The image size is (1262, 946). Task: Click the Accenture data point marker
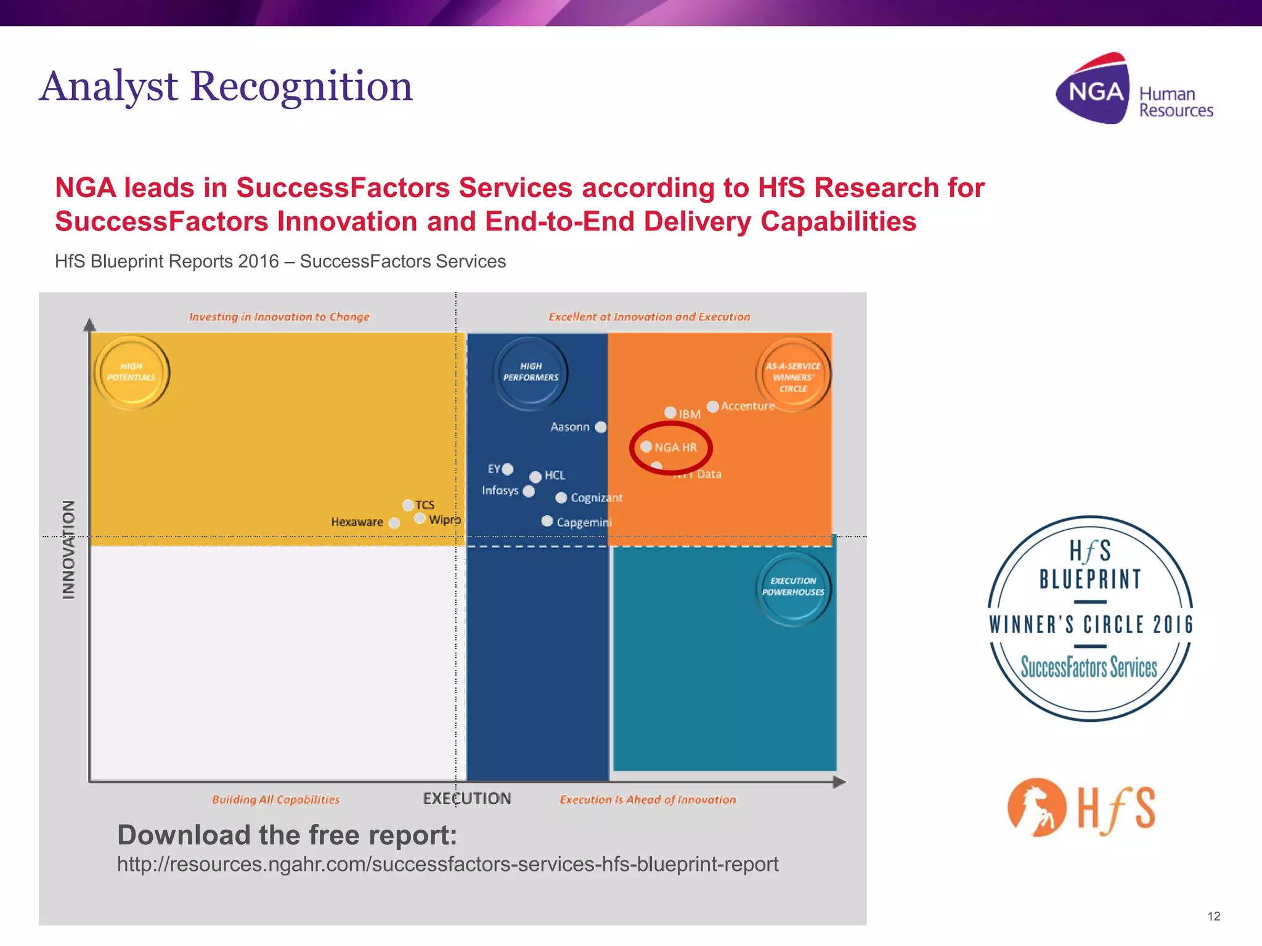713,406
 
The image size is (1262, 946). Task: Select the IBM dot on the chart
670,413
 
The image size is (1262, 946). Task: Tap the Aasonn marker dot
601,427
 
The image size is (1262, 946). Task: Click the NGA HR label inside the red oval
675,448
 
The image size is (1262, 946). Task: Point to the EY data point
507,469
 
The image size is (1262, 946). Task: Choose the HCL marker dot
535,476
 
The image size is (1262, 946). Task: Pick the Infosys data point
528,491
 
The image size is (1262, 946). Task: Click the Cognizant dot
561,498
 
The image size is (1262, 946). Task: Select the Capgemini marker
547,521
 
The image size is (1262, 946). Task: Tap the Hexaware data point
394,523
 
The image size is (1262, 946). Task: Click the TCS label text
425,505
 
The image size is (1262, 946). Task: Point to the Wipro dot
420,519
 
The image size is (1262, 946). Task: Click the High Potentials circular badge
131,372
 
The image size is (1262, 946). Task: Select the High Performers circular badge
531,372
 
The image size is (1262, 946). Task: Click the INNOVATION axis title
68,549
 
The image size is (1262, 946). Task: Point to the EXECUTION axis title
467,799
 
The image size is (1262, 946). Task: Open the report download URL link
447,865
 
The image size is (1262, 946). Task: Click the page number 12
1214,916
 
